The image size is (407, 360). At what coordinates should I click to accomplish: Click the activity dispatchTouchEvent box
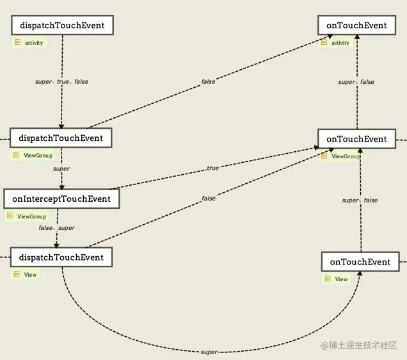(62, 25)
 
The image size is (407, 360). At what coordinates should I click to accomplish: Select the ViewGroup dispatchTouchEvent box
(61, 138)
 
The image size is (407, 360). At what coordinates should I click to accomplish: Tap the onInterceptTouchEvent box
(61, 199)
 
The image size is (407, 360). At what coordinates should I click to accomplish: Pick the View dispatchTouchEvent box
(61, 257)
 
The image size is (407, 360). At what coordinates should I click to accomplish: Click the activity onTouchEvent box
(357, 25)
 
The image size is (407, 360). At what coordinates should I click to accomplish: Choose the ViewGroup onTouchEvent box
(357, 139)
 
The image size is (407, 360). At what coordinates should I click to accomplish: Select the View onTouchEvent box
(360, 261)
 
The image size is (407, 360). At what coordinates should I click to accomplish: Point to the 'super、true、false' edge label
(62, 81)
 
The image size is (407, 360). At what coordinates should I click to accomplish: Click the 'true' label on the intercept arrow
(212, 168)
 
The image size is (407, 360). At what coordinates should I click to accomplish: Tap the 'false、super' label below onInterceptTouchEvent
(56, 228)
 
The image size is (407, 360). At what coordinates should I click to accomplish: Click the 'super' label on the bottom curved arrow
(209, 352)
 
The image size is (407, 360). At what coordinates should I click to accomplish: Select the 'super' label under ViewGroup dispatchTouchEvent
(61, 169)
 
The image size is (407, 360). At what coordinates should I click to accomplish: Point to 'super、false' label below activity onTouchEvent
(356, 82)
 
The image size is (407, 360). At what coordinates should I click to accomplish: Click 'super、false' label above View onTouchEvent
(360, 200)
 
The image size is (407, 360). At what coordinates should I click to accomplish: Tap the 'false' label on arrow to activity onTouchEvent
(208, 81)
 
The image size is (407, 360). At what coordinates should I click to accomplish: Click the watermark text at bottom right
(359, 345)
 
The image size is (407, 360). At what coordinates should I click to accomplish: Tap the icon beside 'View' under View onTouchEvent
(328, 279)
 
